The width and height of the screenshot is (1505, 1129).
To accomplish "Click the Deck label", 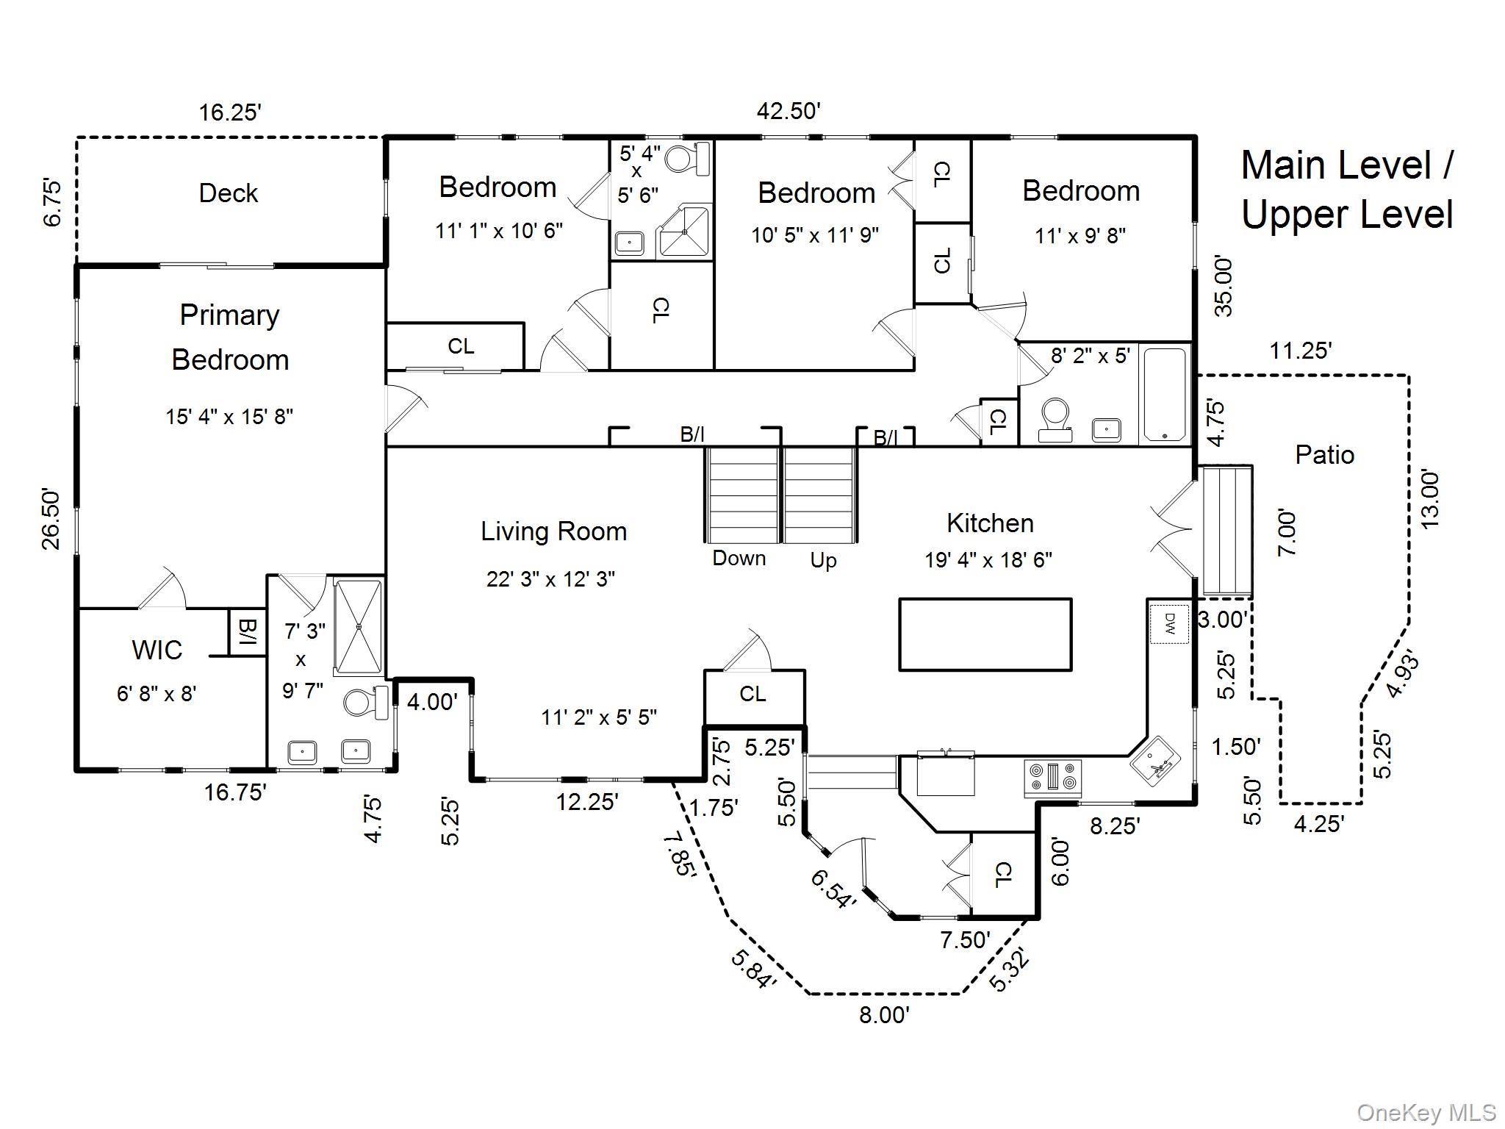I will [x=228, y=193].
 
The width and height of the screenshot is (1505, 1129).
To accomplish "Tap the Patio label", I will [x=1324, y=455].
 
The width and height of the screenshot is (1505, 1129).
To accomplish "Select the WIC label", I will [x=157, y=650].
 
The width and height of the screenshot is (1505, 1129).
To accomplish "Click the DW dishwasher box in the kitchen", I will [x=1168, y=624].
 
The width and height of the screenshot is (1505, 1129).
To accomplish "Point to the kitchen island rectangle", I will [x=985, y=634].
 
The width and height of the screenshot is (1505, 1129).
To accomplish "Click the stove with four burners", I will [x=1053, y=778].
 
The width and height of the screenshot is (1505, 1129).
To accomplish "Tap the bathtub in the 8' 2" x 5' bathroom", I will [x=1165, y=395].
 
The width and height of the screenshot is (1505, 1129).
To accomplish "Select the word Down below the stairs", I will [x=739, y=559].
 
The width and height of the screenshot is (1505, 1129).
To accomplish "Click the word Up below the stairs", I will [x=823, y=561].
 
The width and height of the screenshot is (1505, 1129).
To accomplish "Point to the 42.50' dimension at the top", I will [x=789, y=111].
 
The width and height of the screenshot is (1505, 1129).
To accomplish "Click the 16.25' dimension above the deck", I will [x=230, y=112].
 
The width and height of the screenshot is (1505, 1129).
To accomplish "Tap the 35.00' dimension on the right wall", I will [x=1224, y=286].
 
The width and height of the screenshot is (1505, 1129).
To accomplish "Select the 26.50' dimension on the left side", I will [x=51, y=518].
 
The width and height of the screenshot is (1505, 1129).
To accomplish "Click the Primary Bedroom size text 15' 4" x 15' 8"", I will [x=229, y=417].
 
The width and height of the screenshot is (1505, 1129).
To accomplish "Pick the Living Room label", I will [x=553, y=531].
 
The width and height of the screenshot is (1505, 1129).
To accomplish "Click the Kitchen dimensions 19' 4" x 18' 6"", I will [x=988, y=560].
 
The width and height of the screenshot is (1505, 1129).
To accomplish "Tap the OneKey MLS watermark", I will [x=1425, y=1112].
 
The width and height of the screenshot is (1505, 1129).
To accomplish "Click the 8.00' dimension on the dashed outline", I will [x=884, y=1015].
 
